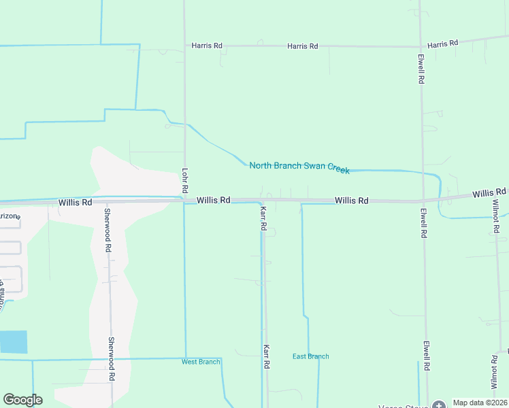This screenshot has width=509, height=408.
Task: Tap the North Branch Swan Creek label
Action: (x=299, y=167)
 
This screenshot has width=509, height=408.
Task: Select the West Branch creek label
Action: (x=201, y=362)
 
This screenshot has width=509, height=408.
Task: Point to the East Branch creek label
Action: (x=311, y=356)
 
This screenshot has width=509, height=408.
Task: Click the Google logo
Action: (x=22, y=400)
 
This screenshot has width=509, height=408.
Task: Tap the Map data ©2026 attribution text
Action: (x=480, y=403)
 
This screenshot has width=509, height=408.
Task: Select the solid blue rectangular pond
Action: (x=14, y=341)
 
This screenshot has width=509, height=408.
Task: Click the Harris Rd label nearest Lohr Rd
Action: (x=207, y=46)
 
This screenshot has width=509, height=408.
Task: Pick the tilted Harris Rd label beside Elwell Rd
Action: (x=443, y=44)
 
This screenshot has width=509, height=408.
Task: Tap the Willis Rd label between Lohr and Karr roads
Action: (x=214, y=201)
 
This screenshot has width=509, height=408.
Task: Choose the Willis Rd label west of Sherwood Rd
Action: (x=75, y=203)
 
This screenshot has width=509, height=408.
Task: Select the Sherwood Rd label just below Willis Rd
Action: (x=108, y=231)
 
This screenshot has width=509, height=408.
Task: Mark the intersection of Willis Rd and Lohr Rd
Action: (x=184, y=201)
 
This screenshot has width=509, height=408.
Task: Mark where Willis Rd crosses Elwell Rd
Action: (x=423, y=201)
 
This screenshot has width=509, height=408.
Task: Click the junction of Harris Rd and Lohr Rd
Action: (x=184, y=46)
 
